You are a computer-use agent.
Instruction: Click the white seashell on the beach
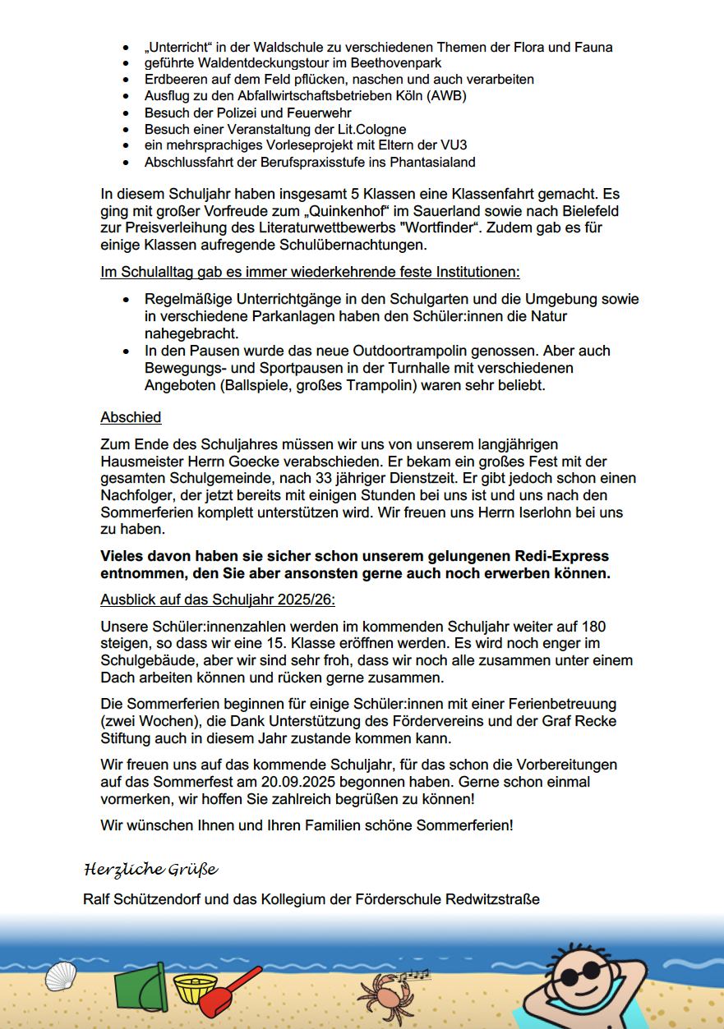pyautogui.click(x=60, y=977)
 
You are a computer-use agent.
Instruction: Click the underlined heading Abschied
pyautogui.click(x=131, y=418)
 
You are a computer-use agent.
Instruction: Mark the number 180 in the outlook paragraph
pyautogui.click(x=590, y=627)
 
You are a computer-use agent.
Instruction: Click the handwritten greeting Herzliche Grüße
pyautogui.click(x=150, y=869)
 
